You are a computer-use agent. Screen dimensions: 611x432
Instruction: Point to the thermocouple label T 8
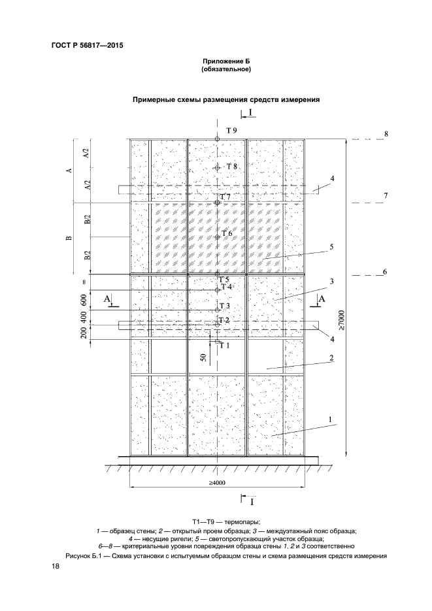(231, 167)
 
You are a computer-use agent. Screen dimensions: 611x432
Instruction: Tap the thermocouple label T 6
(227, 233)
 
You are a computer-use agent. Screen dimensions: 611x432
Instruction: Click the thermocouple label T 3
(225, 306)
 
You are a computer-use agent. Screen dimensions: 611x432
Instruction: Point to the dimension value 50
(204, 357)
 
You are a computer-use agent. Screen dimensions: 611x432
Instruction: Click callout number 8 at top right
(386, 133)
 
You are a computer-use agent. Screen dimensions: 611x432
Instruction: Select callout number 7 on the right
(386, 195)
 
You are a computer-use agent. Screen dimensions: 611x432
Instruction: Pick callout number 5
(331, 246)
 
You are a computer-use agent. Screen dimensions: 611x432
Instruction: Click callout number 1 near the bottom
(331, 418)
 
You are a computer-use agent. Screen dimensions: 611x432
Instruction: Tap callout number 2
(332, 358)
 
